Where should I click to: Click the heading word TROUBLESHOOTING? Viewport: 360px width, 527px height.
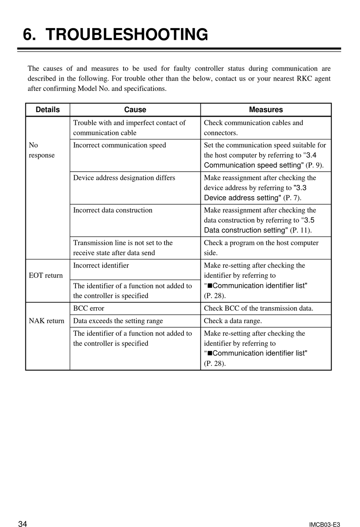(127, 34)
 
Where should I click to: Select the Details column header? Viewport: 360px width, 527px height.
(48, 110)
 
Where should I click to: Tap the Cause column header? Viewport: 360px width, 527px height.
(135, 110)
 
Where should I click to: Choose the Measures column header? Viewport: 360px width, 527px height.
(266, 110)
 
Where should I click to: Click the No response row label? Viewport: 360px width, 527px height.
(41, 150)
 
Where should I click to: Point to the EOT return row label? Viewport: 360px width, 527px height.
(46, 275)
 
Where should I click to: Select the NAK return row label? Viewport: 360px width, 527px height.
(47, 321)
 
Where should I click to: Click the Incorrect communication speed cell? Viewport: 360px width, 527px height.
(119, 145)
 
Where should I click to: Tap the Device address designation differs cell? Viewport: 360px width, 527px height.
(124, 178)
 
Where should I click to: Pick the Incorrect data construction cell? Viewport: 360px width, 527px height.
(113, 210)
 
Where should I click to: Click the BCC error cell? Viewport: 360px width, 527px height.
(89, 308)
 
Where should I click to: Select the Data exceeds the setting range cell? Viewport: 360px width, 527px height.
(118, 321)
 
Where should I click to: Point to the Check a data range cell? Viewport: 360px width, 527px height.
(233, 321)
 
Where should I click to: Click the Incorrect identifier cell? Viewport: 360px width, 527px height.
(101, 266)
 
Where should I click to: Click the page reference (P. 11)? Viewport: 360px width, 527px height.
(301, 230)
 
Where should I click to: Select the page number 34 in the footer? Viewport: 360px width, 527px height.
(23, 524)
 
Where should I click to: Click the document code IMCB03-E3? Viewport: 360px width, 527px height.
(324, 524)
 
